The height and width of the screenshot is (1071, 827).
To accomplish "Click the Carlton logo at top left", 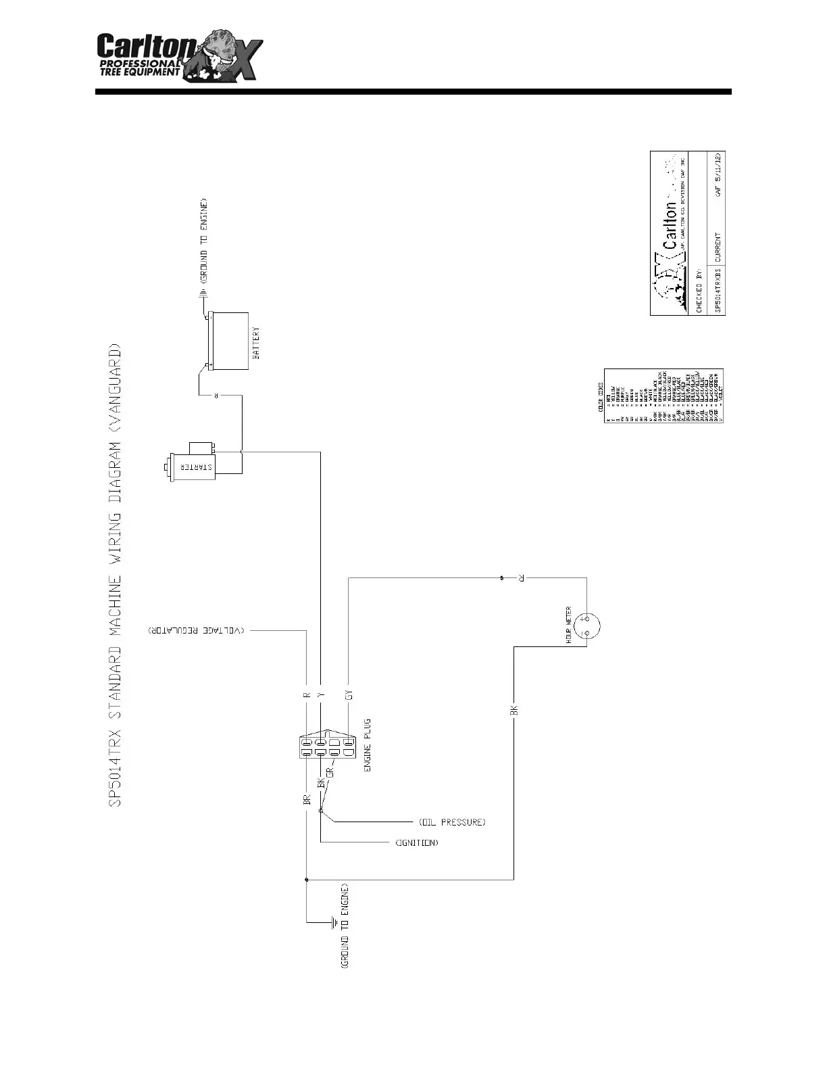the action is pos(178,57).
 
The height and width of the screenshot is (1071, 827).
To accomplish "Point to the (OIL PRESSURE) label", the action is pos(452,822).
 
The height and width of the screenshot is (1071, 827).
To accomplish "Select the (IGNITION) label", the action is pos(416,842).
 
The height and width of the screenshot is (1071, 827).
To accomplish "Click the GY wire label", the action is pos(349,695).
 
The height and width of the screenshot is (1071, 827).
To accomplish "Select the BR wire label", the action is pos(307,800).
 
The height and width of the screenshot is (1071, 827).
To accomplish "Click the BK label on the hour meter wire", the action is pos(513,710).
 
